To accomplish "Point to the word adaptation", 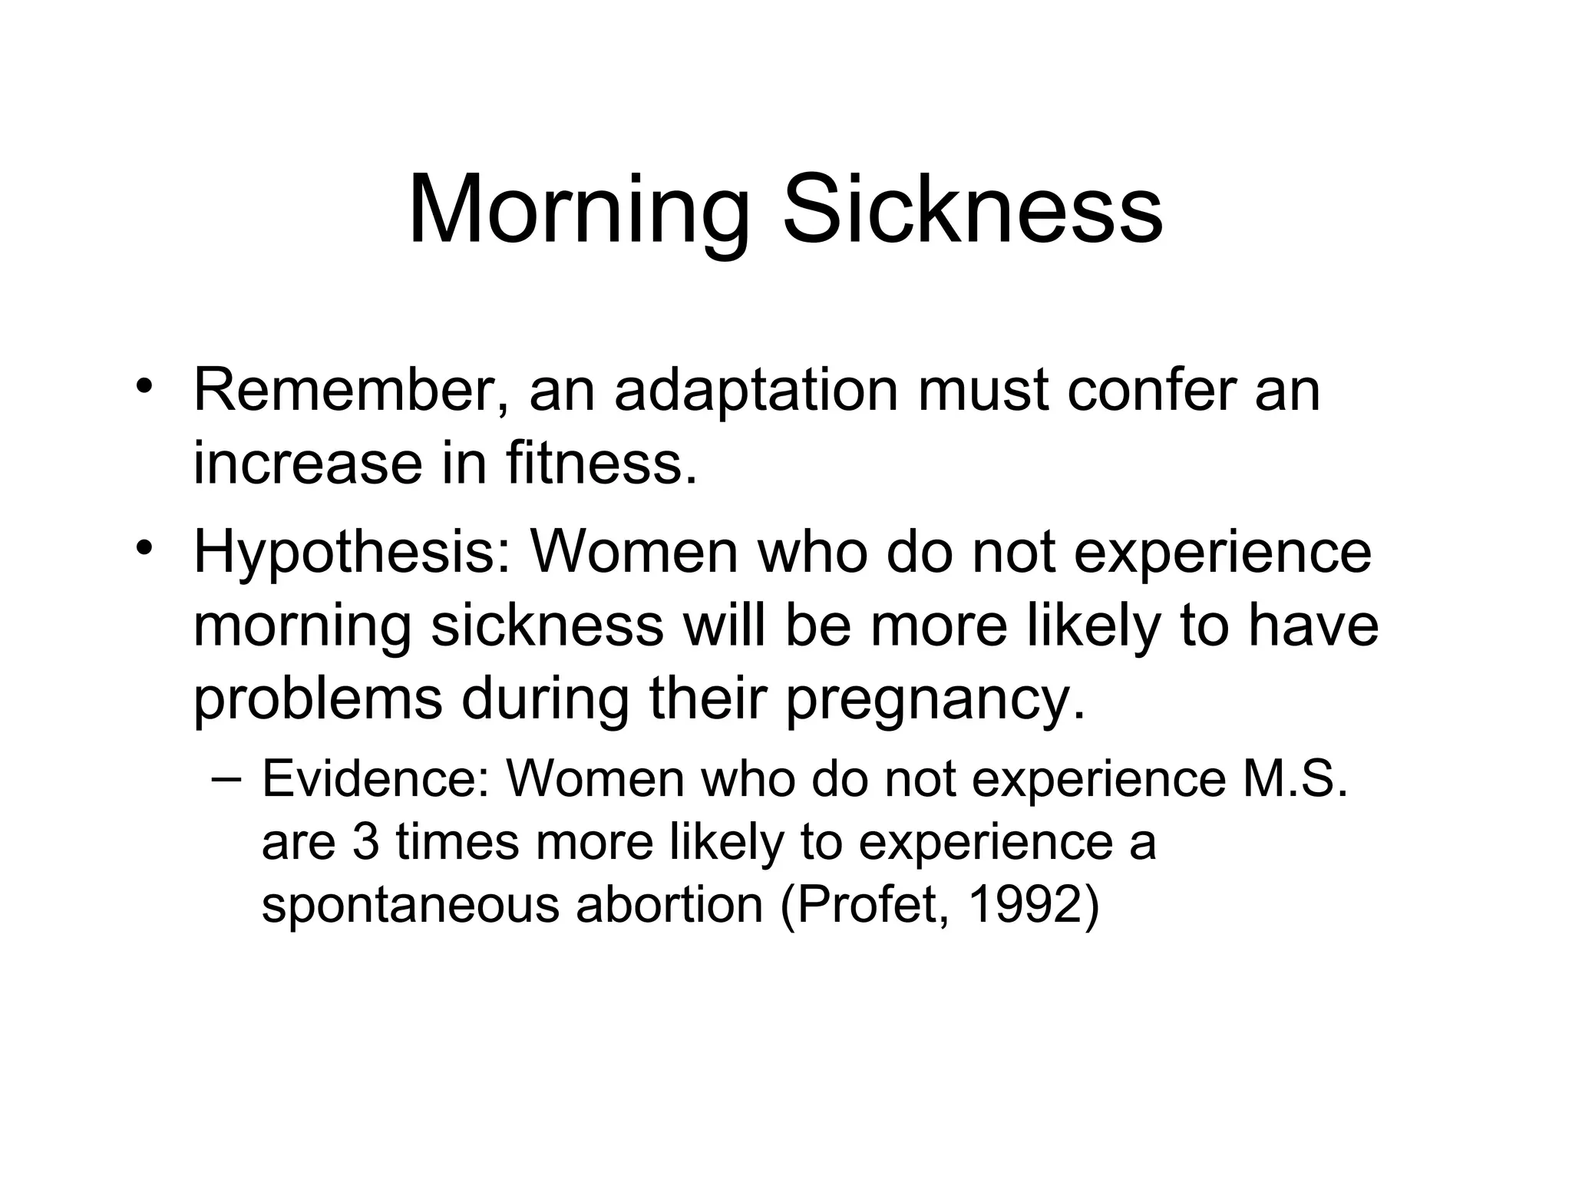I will pos(756,391).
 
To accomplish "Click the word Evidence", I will pos(375,779).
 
